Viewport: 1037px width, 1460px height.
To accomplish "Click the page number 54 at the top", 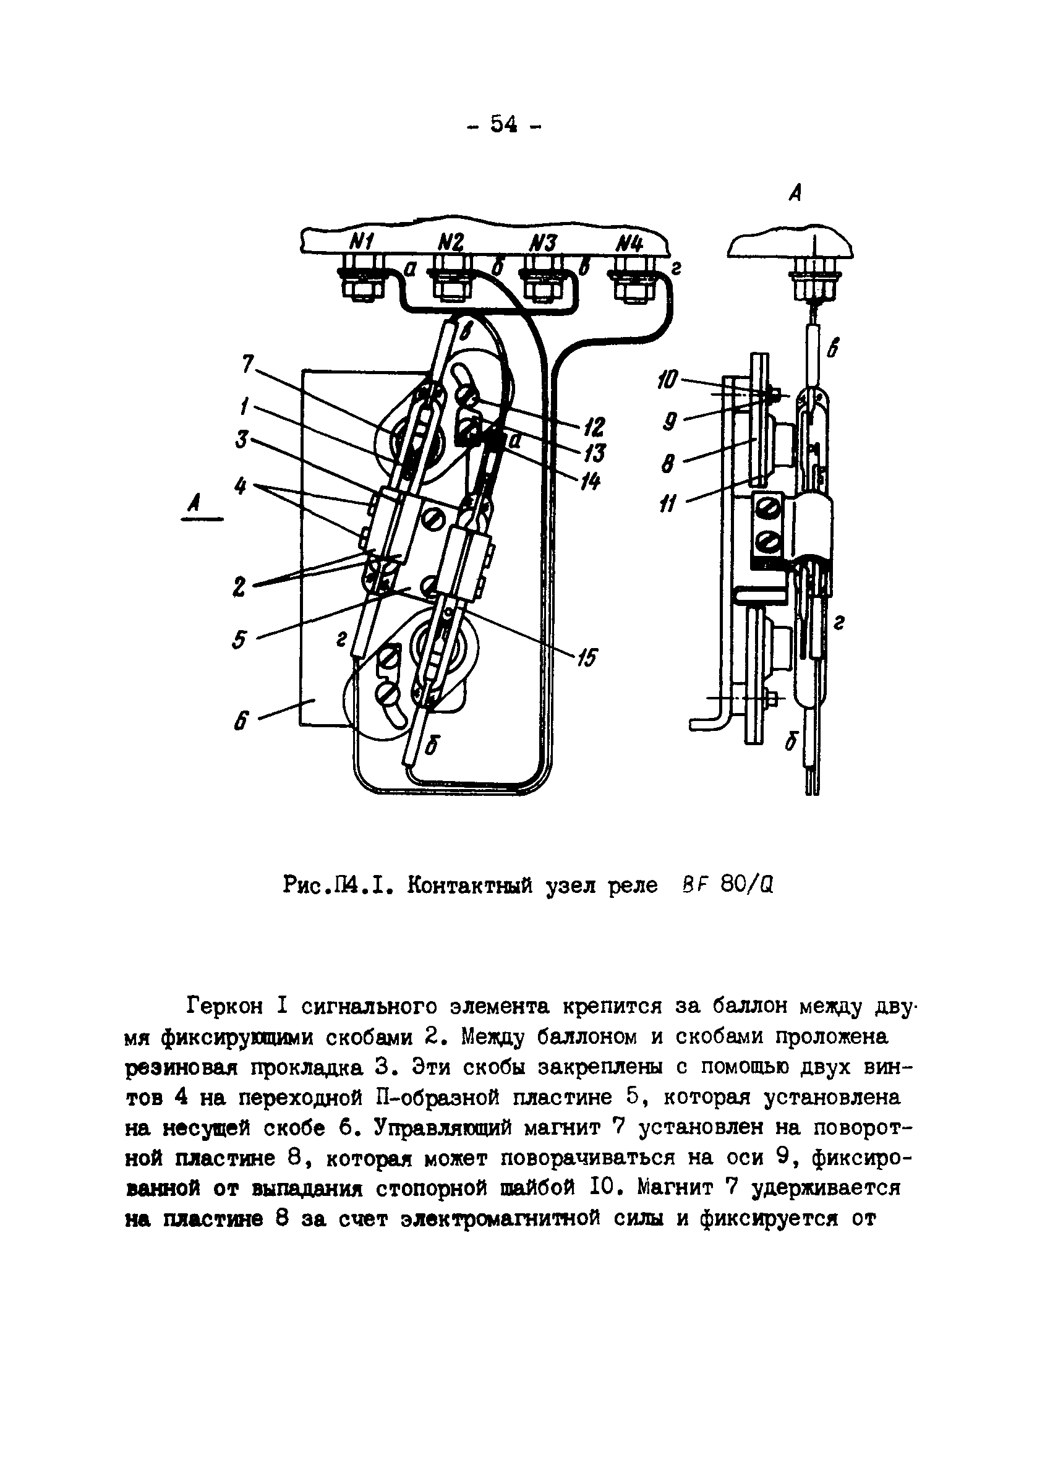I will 503,124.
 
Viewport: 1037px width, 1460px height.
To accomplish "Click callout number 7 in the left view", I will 249,364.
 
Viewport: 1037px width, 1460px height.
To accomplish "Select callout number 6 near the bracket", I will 241,724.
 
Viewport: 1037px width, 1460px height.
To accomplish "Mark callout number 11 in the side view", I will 667,506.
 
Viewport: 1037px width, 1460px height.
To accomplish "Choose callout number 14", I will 591,482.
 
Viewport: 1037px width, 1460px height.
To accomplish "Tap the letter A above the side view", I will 795,193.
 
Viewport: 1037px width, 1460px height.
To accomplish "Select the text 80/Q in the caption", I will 746,886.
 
